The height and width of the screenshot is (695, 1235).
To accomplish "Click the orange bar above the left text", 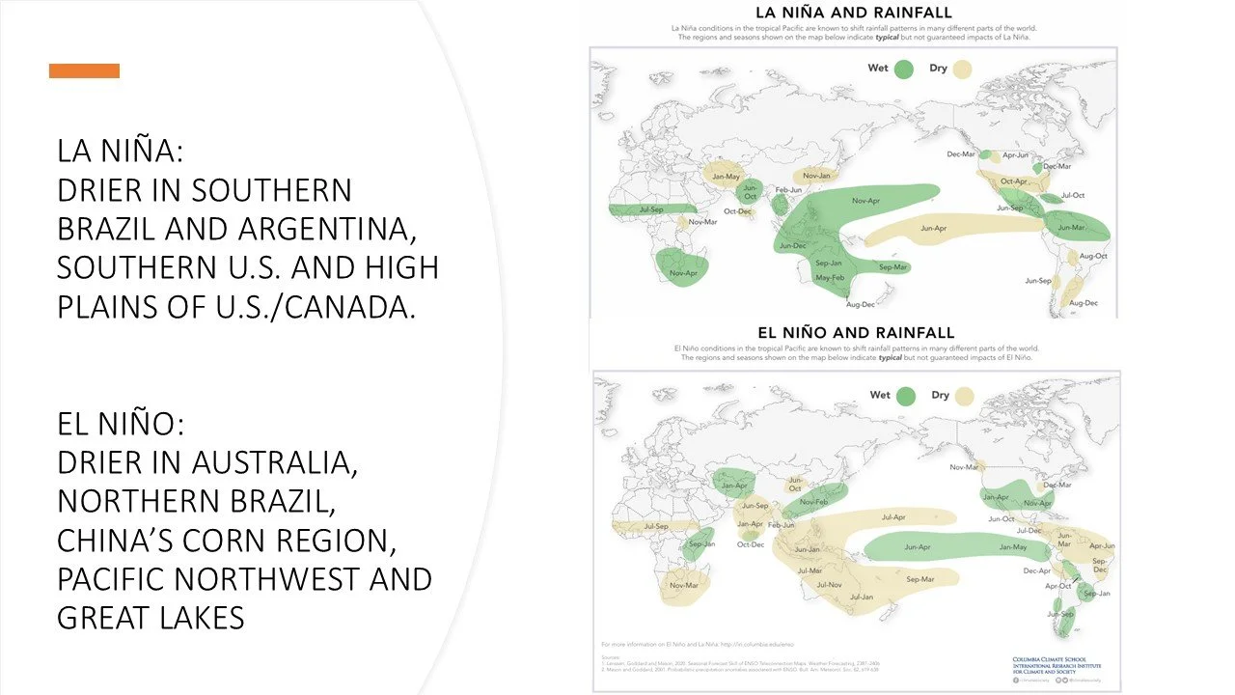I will click(x=84, y=70).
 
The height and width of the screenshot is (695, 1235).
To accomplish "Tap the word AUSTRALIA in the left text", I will click(x=274, y=462).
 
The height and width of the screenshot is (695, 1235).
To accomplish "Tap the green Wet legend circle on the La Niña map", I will click(x=904, y=69).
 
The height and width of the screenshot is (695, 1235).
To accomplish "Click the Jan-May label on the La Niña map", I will click(x=726, y=177).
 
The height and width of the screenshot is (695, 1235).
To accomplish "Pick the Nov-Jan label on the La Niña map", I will click(x=816, y=176).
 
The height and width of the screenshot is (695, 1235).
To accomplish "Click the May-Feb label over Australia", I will click(x=829, y=278).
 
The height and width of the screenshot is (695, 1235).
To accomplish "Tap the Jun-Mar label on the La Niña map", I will click(x=1071, y=228).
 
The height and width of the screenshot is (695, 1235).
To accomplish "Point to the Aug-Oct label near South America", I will click(x=1093, y=256).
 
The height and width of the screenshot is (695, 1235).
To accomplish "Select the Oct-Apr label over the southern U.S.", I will click(x=1013, y=181).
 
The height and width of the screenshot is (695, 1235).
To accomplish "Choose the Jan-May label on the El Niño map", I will click(x=1012, y=547).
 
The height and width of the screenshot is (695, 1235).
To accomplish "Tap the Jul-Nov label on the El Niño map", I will click(x=829, y=585).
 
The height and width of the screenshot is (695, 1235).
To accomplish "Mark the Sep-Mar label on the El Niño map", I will click(x=920, y=579).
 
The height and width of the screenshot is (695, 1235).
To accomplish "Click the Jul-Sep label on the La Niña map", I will click(x=653, y=208).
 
